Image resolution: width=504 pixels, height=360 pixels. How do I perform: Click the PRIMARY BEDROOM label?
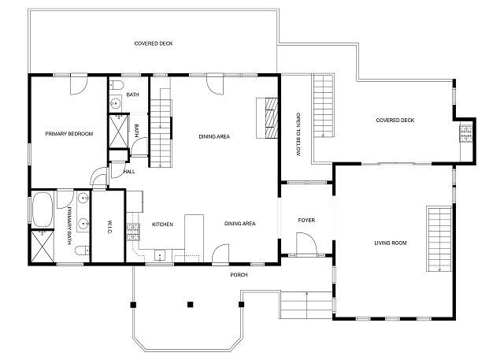[69, 134]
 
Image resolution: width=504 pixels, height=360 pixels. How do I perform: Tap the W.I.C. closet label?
[109, 227]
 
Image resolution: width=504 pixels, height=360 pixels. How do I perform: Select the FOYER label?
[306, 221]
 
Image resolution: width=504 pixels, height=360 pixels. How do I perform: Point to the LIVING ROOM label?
[391, 243]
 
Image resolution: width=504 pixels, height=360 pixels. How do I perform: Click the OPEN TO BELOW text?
[298, 135]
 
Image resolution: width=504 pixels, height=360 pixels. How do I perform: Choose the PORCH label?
[239, 275]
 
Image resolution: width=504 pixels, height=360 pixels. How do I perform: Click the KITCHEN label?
[162, 225]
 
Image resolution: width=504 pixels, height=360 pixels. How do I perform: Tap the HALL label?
[129, 172]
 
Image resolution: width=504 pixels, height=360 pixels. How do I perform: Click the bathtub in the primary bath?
[43, 210]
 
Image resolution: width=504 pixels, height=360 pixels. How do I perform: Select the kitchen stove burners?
[133, 232]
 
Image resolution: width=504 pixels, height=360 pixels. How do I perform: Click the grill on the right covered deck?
[465, 134]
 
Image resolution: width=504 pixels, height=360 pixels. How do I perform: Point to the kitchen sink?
[160, 256]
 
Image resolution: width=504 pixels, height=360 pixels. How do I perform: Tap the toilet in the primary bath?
[82, 250]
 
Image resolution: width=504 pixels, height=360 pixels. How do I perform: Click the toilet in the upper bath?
[117, 85]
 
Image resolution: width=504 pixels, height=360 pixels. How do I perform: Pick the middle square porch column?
[191, 304]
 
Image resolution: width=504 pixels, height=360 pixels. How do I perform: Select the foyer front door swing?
[307, 245]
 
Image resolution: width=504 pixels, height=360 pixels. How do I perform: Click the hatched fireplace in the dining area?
[271, 118]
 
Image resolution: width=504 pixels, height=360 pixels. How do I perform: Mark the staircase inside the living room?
[439, 239]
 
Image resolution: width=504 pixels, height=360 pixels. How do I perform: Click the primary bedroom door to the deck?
[79, 85]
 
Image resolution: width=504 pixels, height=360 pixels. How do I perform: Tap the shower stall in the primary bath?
[43, 246]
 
